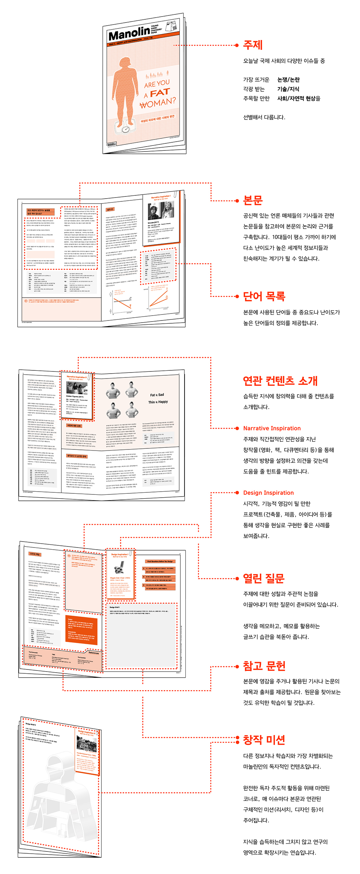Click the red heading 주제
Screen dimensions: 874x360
pos(253,45)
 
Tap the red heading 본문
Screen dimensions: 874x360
pos(253,201)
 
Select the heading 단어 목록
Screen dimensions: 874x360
pos(264,296)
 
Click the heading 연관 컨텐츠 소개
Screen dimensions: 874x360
pos(280,381)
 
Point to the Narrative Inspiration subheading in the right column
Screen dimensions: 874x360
pos(272,428)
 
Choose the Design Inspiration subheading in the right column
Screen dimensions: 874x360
pos(268,493)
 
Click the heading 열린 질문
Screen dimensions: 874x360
pos(264,578)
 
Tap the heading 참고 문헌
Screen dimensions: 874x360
pos(264,666)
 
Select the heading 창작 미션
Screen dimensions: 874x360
pos(264,740)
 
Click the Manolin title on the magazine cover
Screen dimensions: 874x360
pos(129,34)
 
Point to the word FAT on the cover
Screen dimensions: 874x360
pos(160,93)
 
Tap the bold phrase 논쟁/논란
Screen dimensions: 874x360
pos(288,80)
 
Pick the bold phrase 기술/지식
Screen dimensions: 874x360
pos(288,89)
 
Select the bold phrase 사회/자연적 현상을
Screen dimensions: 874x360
pos(298,98)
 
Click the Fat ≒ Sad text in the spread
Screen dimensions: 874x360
pos(157,395)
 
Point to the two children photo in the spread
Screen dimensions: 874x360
pos(160,211)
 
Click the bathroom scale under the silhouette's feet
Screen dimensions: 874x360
pos(126,129)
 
